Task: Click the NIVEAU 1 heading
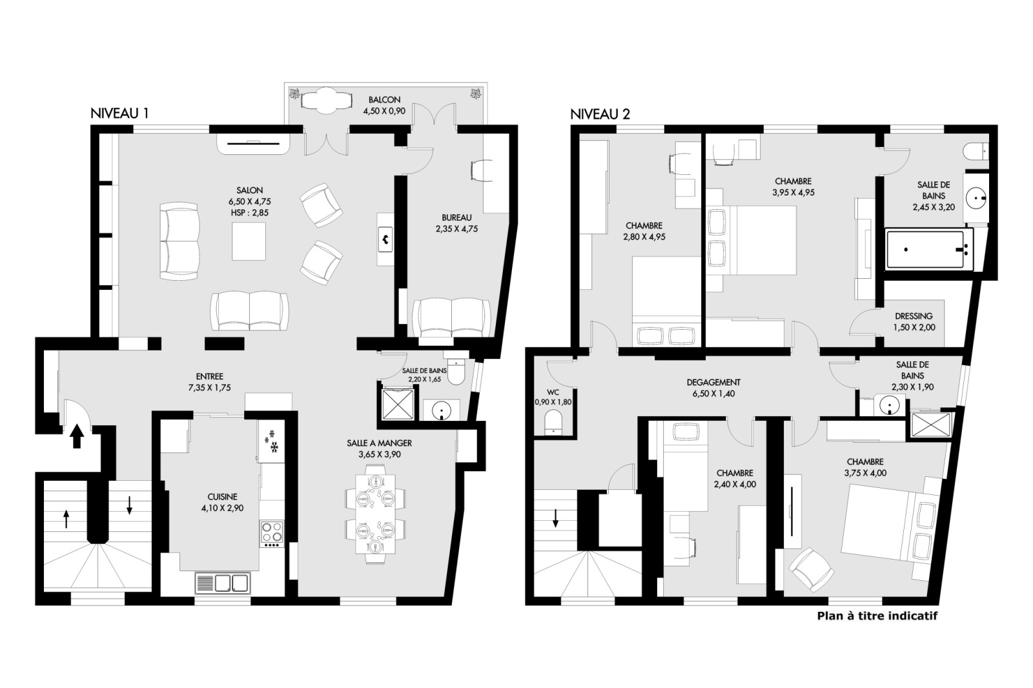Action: [x=119, y=114]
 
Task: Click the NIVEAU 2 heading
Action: [x=600, y=114]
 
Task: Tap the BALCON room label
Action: [x=384, y=99]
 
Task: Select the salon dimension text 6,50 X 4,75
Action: [x=249, y=201]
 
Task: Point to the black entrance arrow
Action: [x=77, y=436]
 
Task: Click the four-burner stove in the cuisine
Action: [x=272, y=532]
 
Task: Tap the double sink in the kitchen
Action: [x=223, y=583]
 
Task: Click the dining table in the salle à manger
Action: [x=375, y=514]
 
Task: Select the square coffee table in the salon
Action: [x=249, y=241]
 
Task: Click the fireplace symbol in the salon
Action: [x=385, y=239]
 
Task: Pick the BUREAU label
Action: [x=456, y=218]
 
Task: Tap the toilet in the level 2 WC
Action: [x=553, y=422]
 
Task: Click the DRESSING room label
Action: [x=914, y=316]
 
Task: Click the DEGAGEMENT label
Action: [x=713, y=382]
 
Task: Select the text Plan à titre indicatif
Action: [x=877, y=616]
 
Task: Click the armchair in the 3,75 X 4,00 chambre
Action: [x=812, y=569]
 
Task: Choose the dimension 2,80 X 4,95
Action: [x=644, y=237]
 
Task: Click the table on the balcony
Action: [x=326, y=101]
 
